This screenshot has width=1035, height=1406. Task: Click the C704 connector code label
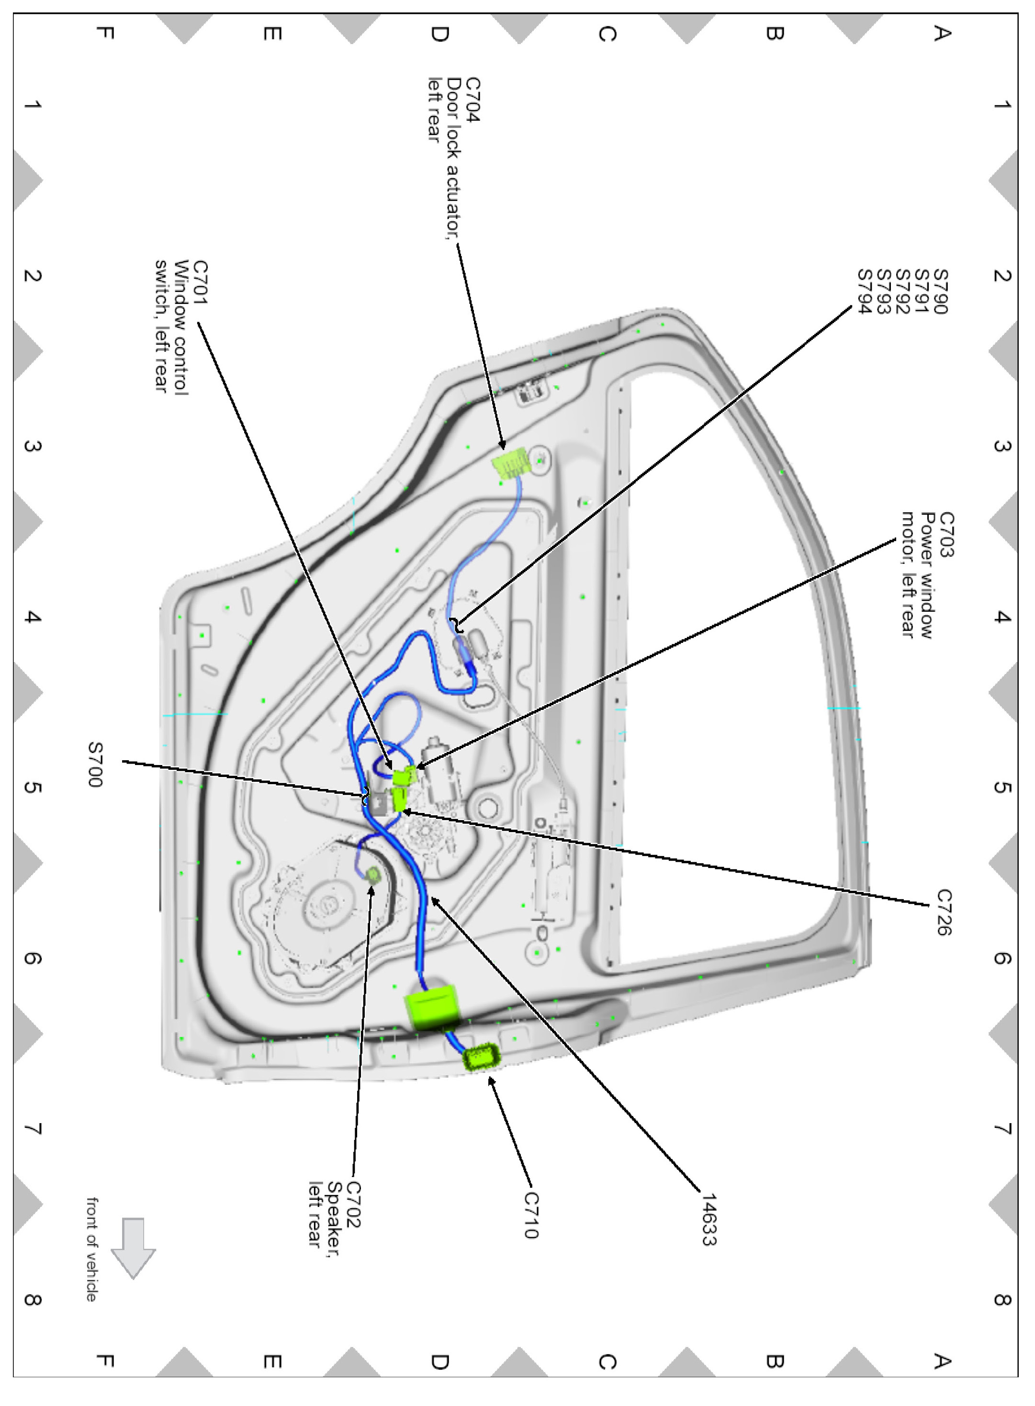473,100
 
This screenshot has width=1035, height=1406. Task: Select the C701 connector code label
200,282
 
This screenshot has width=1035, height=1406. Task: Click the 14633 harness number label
709,1219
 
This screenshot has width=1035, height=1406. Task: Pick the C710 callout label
530,1215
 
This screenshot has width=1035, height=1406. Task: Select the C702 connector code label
353,1204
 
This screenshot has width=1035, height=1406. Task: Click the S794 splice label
865,292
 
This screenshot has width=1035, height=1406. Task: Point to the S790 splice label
941,292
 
